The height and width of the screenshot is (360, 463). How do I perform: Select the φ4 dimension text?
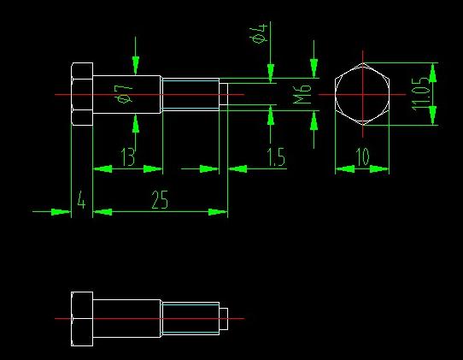point(259,33)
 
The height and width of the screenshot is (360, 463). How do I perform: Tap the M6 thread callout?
point(302,94)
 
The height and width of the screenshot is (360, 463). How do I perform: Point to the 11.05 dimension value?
point(420,94)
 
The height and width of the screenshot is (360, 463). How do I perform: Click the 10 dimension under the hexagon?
point(362,156)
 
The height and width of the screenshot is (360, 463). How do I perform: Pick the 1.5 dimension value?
point(276,156)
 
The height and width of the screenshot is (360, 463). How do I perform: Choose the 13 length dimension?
point(128,156)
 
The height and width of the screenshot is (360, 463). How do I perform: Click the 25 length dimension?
point(160,200)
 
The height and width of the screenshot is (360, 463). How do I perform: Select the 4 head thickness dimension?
point(81,200)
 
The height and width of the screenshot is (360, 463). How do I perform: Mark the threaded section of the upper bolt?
point(190,94)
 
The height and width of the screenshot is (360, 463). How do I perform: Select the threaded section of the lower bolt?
point(190,319)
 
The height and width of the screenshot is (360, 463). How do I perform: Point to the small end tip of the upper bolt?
point(224,94)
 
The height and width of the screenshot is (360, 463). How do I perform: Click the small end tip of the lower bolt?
point(224,319)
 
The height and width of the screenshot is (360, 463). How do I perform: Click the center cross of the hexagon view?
point(362,95)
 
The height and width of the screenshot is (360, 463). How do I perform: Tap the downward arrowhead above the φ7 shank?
point(136,65)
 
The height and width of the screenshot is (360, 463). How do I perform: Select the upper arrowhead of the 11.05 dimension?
point(432,73)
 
